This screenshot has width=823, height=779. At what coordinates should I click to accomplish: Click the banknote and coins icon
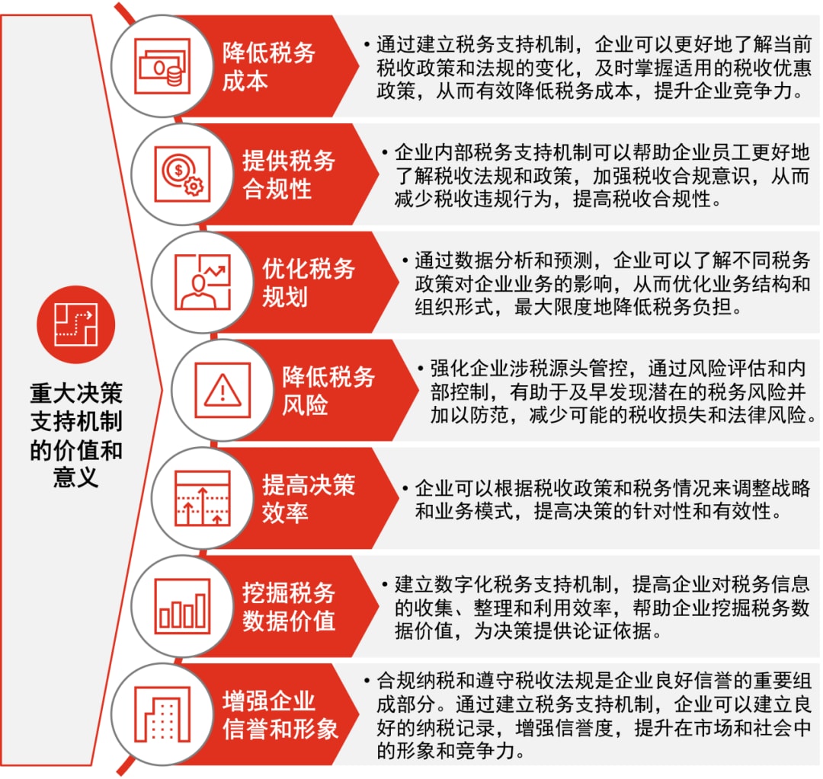tap(162, 66)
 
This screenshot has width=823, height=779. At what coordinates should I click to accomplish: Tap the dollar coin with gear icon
tap(182, 174)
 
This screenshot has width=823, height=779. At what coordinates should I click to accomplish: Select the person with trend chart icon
tap(203, 283)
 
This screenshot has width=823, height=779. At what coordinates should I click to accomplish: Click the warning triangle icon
tap(223, 391)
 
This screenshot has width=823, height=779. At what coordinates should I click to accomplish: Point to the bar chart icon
tap(182, 606)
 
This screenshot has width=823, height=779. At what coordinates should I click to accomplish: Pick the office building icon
tap(162, 714)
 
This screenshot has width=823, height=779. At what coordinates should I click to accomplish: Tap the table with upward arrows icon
tap(203, 498)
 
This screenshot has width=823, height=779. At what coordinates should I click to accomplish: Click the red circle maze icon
tap(76, 324)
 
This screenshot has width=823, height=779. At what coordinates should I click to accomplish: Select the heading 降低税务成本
tap(268, 66)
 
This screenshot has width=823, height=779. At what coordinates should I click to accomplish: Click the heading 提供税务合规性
tap(288, 174)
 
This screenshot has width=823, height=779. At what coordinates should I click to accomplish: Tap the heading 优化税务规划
tap(309, 283)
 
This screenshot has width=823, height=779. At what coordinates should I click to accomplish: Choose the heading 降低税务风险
tap(328, 391)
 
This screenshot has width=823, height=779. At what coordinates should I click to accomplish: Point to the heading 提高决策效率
tap(309, 498)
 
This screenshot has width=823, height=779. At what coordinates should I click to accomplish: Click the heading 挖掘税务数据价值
tap(288, 606)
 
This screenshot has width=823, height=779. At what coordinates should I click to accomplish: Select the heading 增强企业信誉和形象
tap(280, 714)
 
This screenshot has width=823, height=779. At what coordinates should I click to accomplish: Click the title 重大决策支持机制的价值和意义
tap(76, 436)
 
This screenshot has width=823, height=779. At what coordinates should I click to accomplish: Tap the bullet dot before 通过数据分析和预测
tap(405, 260)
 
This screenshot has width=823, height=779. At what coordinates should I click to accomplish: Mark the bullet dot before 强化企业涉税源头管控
tap(421, 369)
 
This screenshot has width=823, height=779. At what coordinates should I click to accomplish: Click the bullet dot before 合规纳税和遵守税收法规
tap(367, 680)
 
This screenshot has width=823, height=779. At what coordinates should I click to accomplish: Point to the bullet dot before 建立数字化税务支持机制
tap(385, 584)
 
